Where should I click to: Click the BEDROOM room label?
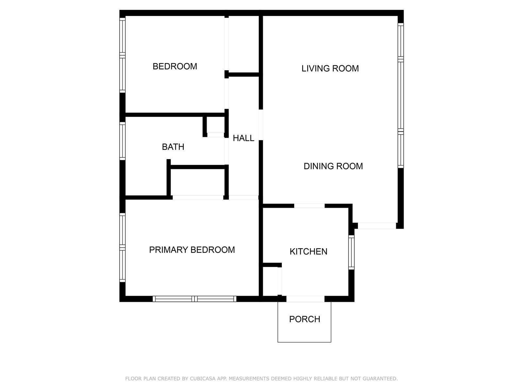click(175, 66)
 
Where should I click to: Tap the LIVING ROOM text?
click(330, 69)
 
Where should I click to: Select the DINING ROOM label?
click(333, 166)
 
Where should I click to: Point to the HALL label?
click(243, 138)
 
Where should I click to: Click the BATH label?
click(173, 147)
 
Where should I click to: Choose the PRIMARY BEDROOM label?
click(192, 250)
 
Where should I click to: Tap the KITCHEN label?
click(308, 252)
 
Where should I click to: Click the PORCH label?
click(305, 319)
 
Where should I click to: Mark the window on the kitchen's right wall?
click(351, 252)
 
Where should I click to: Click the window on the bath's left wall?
click(122, 141)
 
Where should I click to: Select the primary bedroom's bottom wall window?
click(194, 299)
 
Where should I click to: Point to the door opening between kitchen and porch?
click(305, 299)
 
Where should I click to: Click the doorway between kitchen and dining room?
click(309, 206)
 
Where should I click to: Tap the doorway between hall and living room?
click(261, 125)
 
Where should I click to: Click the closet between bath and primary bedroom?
click(197, 182)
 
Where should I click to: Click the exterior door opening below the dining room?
click(377, 226)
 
